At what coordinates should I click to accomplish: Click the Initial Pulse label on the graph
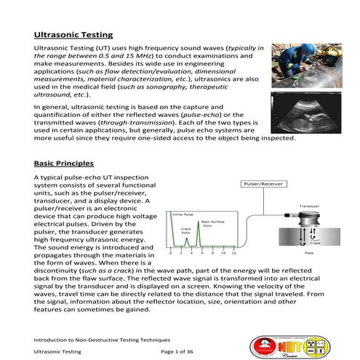click(x=182, y=215)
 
